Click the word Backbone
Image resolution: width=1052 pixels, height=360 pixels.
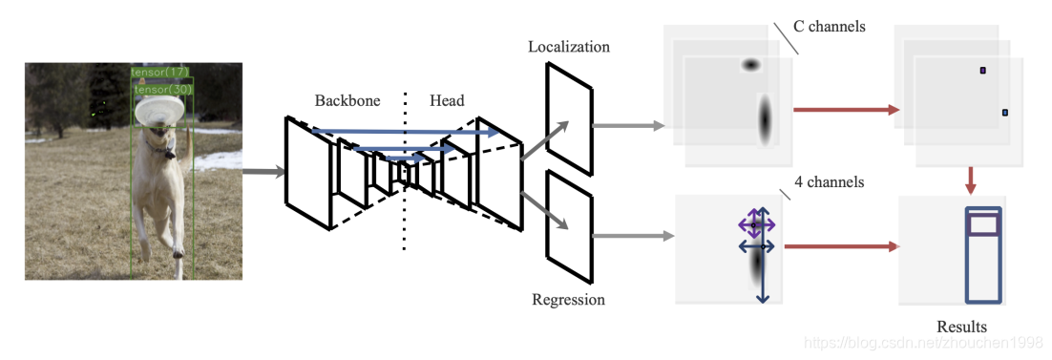click(x=347, y=101)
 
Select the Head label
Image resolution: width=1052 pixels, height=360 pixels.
click(x=447, y=101)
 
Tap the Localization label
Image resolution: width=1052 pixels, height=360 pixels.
click(x=568, y=47)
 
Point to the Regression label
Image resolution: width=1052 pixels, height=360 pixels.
click(x=568, y=300)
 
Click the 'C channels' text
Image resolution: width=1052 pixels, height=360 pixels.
click(x=830, y=27)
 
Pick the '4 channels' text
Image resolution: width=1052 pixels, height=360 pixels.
click(x=830, y=181)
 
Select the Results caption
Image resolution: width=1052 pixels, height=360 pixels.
click(x=961, y=327)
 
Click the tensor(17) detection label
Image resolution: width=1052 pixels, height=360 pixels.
click(x=160, y=72)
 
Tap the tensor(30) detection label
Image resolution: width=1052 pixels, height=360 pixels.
click(x=163, y=89)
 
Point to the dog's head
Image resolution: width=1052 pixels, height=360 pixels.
click(x=158, y=141)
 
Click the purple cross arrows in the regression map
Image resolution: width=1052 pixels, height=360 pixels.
click(x=755, y=225)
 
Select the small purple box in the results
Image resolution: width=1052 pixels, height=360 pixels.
click(x=983, y=224)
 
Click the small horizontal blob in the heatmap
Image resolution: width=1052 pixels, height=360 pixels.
click(x=750, y=65)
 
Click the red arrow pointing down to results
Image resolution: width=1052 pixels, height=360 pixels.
click(x=970, y=178)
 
